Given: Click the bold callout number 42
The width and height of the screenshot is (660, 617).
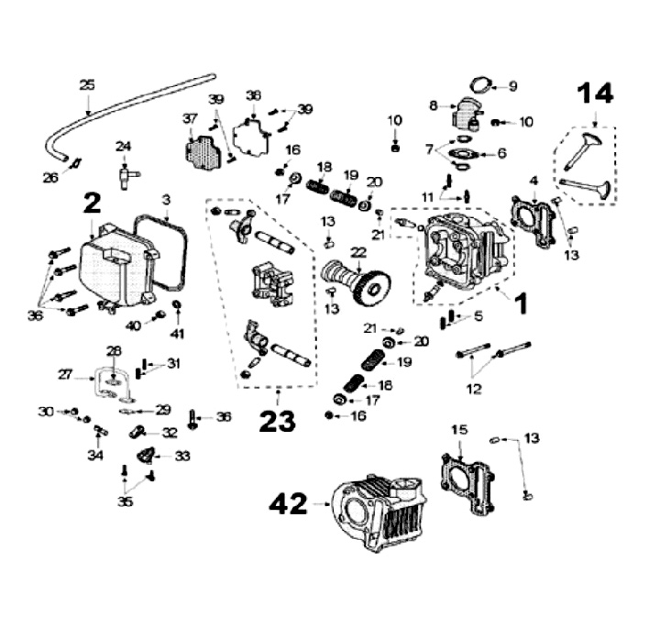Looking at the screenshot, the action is [x=289, y=504].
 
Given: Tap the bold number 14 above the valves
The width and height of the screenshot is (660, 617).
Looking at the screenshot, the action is [x=595, y=93].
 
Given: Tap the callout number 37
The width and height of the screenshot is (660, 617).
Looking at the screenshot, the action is [x=190, y=119].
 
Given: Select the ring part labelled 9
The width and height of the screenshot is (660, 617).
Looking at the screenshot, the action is [x=481, y=85].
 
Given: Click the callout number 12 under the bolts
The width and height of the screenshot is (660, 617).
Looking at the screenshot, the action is [x=474, y=389].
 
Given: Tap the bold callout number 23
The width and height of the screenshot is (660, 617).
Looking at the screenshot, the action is [x=277, y=422].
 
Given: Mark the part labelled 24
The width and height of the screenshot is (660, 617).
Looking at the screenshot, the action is [x=126, y=177].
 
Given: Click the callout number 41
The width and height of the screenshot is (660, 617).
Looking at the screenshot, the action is [x=178, y=334].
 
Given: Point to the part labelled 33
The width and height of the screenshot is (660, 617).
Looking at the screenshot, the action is [x=146, y=456].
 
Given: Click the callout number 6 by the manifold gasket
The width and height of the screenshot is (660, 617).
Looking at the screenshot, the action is [x=501, y=153].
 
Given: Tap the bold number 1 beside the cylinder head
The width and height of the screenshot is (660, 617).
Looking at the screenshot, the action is [x=521, y=303].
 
